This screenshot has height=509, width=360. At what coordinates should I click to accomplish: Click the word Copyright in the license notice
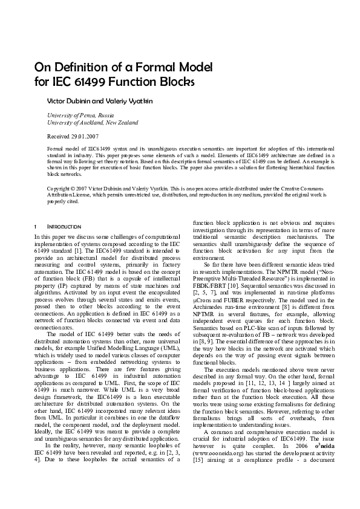[59, 189]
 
